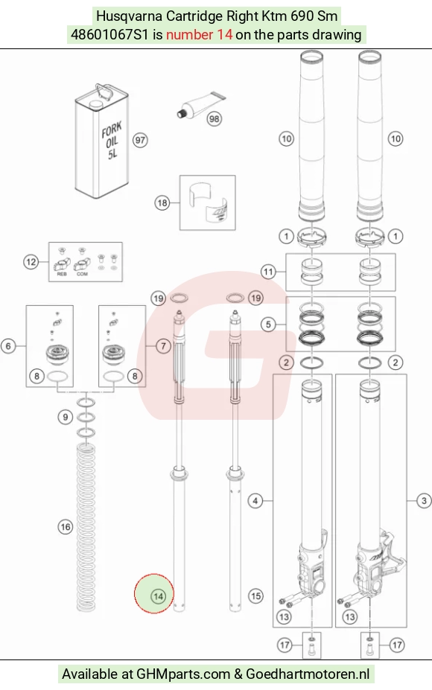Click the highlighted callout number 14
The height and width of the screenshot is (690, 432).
(158, 596)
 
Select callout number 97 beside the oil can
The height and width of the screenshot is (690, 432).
(140, 141)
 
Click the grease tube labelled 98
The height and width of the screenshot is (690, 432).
(201, 106)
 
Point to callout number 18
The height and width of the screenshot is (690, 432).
(162, 203)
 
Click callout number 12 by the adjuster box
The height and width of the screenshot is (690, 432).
(31, 262)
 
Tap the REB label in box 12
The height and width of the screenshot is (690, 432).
(62, 274)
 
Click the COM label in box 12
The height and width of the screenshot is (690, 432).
(83, 274)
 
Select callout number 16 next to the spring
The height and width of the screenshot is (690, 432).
(66, 527)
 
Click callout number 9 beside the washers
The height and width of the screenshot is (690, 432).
(66, 417)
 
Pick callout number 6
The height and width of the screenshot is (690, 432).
(8, 346)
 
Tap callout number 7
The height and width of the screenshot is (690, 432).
(163, 346)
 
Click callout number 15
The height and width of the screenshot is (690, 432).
(256, 596)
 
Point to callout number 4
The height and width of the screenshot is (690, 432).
(255, 500)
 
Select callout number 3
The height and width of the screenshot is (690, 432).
(424, 500)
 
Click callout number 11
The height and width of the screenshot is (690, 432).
(268, 272)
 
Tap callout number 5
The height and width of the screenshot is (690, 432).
(268, 325)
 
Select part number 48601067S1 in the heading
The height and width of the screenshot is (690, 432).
(109, 34)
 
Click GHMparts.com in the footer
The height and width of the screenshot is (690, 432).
(183, 674)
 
